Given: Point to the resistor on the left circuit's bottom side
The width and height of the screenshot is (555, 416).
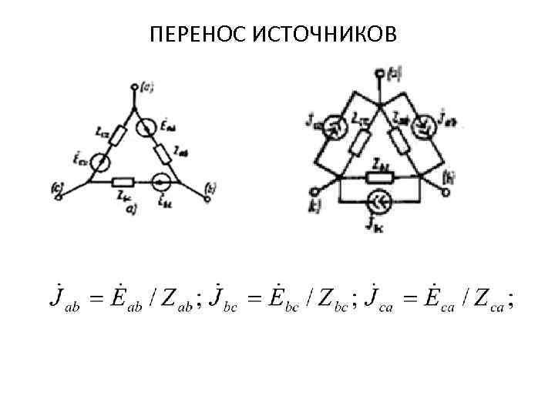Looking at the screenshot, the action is tap(123, 183).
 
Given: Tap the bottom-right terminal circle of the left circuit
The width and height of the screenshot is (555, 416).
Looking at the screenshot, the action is tap(208, 198).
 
